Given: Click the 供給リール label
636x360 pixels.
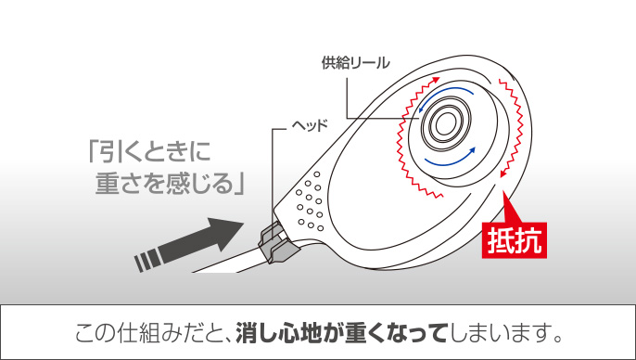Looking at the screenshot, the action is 355,63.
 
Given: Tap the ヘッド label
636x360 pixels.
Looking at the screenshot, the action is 310,125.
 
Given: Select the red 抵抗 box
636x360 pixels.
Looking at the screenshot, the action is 514,240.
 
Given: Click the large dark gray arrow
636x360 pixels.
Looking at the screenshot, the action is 189,245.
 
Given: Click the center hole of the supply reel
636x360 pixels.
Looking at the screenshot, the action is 445,123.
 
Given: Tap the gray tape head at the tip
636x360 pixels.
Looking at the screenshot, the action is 276,243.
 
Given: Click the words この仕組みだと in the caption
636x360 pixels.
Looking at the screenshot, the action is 149,333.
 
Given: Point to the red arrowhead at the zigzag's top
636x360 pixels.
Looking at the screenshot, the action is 435,80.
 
